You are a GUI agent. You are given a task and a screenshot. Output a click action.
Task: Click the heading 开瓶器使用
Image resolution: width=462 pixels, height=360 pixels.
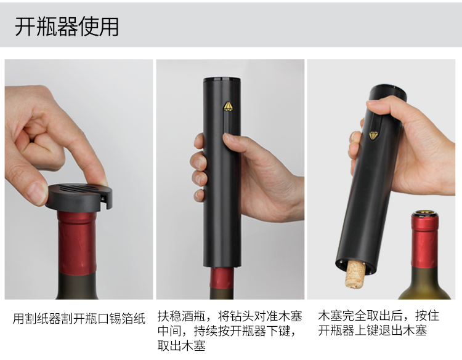[x=67, y=27]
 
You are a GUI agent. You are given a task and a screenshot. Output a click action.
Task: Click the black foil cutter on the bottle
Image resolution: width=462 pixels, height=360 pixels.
[x=78, y=196]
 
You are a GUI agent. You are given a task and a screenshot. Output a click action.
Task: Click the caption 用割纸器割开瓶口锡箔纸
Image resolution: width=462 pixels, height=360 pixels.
[x=79, y=318]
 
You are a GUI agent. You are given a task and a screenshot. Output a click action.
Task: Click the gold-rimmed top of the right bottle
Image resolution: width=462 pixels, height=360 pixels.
[x=425, y=214]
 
